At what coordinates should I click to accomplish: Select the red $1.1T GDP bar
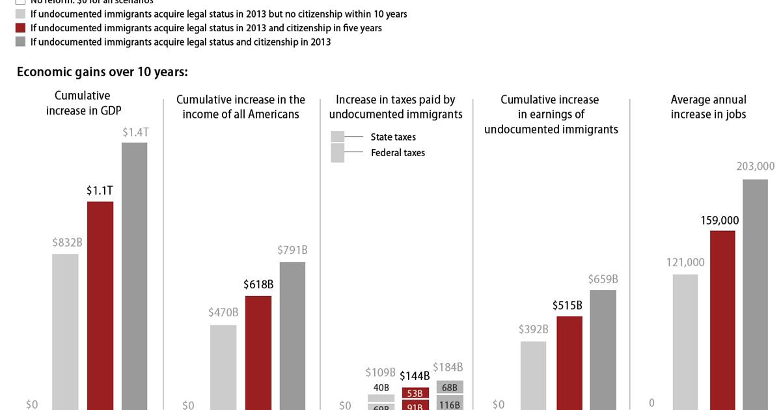(x=100, y=305)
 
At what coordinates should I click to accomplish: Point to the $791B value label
(x=292, y=250)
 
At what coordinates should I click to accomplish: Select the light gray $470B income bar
(x=223, y=367)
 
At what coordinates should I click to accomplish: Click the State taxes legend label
(x=393, y=137)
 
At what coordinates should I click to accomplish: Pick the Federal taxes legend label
(x=398, y=153)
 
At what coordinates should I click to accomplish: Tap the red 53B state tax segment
(x=415, y=393)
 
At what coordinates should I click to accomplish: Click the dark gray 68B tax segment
(x=450, y=388)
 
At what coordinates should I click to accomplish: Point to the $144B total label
(x=415, y=376)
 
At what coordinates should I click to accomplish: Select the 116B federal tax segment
(x=450, y=404)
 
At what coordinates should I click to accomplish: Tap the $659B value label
(x=603, y=279)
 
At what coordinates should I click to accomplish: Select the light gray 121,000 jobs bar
(x=685, y=342)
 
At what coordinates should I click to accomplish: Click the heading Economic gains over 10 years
(x=102, y=72)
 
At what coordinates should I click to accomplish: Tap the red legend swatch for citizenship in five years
(x=20, y=29)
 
